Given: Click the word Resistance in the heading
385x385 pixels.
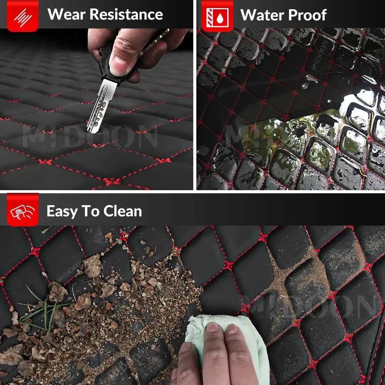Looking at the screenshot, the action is coord(126,14).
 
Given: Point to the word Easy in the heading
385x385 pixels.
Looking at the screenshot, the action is coord(61,212).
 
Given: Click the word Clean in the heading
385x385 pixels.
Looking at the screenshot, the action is coord(122,211).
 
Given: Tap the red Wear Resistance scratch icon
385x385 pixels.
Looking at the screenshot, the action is coord(23,17).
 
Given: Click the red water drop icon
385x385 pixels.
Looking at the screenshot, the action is coord(217,17).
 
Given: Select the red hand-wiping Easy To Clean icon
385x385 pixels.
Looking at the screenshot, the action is coord(23,210).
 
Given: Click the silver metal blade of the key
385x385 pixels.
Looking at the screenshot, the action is coord(101,105).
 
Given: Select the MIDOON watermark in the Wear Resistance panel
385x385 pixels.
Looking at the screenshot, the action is coord(90,136).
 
